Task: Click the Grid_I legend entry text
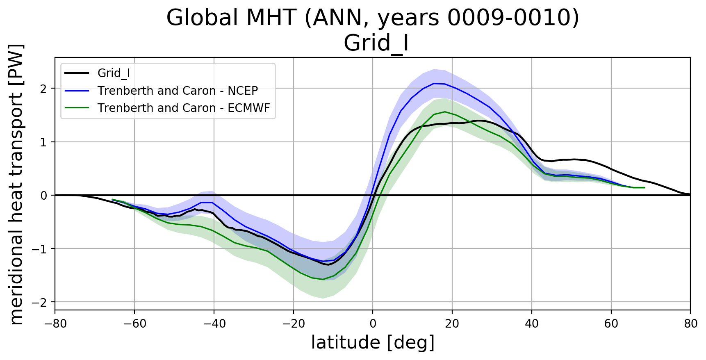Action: click(114, 73)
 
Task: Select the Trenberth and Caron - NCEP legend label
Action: click(178, 91)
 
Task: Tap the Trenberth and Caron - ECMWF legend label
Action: click(184, 108)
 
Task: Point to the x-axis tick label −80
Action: click(55, 324)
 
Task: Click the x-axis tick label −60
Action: click(134, 324)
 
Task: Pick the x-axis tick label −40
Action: click(214, 324)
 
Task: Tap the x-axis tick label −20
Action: click(293, 324)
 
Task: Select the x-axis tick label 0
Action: click(373, 324)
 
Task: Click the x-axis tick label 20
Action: click(452, 324)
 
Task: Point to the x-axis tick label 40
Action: click(532, 324)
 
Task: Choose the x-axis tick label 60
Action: click(611, 324)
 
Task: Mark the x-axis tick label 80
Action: click(690, 324)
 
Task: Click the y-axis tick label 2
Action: click(43, 89)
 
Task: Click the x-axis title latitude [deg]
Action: click(373, 343)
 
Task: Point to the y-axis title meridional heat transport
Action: click(16, 184)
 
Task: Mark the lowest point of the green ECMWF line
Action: click(323, 279)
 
